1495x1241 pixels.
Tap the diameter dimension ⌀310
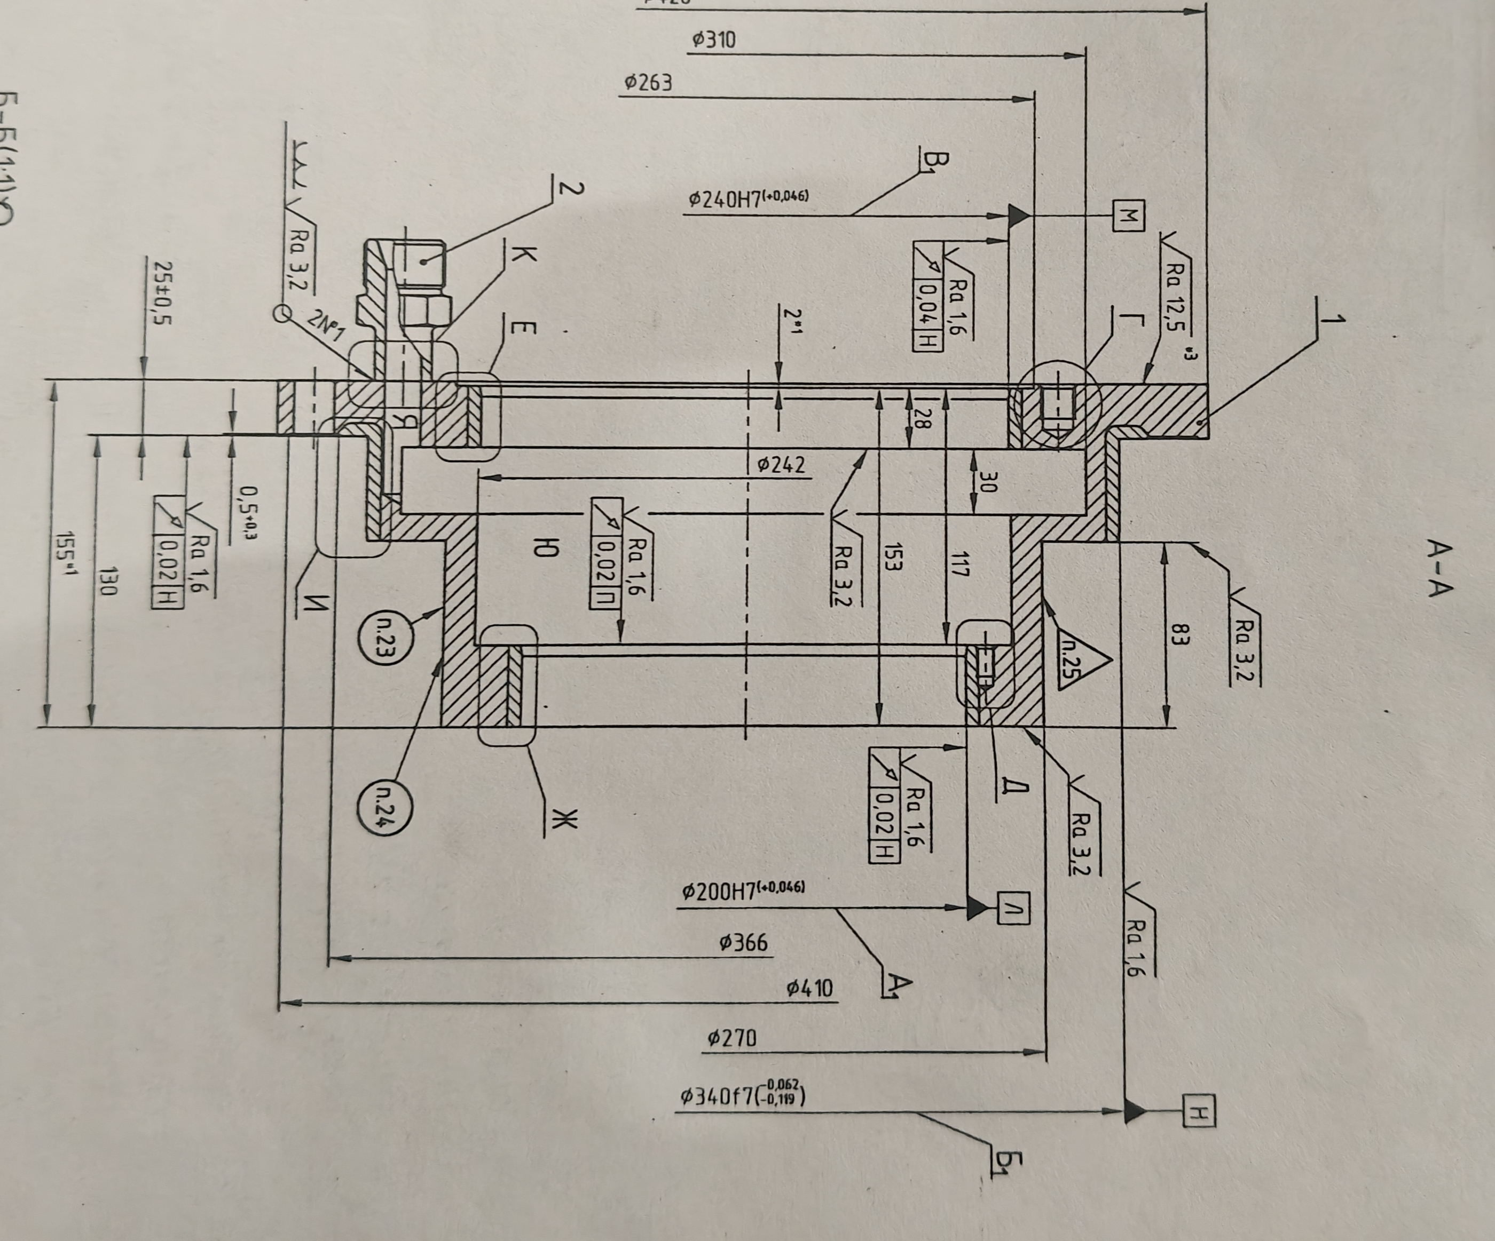(713, 41)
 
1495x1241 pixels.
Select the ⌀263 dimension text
(647, 83)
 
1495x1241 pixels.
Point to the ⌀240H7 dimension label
(747, 198)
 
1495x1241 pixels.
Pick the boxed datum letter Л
(1012, 907)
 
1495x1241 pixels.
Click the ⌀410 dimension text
(809, 989)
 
